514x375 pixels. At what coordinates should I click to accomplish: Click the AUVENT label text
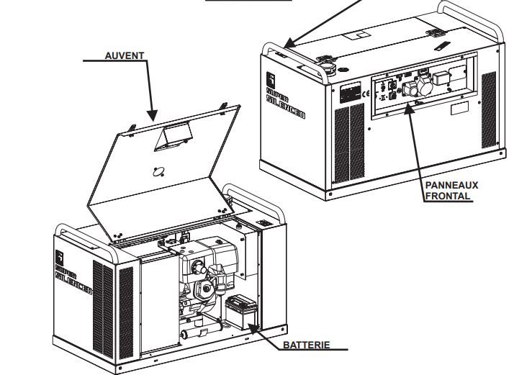[x=124, y=55]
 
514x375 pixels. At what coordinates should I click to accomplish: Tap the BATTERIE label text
[x=306, y=345]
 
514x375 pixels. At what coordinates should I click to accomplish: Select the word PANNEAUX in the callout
[x=451, y=185]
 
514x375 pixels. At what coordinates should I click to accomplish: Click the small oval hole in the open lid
[x=159, y=171]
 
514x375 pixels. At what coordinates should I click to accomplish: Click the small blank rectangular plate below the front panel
[x=459, y=111]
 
